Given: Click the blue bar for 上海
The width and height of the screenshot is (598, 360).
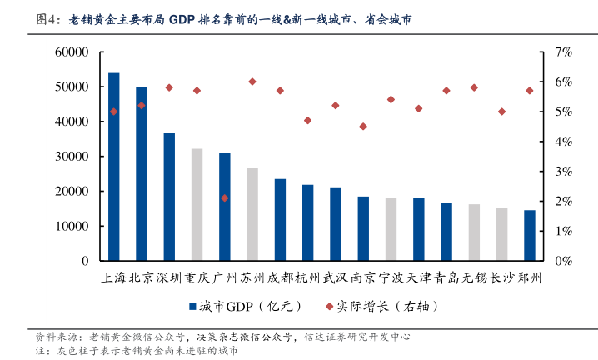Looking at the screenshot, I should pyautogui.click(x=114, y=167).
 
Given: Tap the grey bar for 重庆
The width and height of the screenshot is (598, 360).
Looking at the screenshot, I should pyautogui.click(x=197, y=204).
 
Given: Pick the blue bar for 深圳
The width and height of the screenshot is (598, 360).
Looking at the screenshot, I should pyautogui.click(x=169, y=197).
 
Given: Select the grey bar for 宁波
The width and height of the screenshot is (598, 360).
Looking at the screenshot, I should pyautogui.click(x=391, y=229).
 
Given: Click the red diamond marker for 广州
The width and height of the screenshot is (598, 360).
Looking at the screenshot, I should pyautogui.click(x=225, y=198).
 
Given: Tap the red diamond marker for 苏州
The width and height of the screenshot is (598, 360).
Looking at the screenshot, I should pyautogui.click(x=252, y=82).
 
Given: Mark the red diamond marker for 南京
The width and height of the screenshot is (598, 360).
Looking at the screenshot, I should pyautogui.click(x=363, y=127).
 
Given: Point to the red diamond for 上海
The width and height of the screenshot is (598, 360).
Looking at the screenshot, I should pyautogui.click(x=114, y=112).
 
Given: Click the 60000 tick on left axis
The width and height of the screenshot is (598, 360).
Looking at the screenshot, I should pyautogui.click(x=72, y=52).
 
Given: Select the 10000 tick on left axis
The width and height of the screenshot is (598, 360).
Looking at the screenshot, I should pyautogui.click(x=72, y=226).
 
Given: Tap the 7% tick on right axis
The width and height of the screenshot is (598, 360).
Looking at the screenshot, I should pyautogui.click(x=562, y=52).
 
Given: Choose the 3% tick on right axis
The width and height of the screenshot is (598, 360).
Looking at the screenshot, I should pyautogui.click(x=562, y=172).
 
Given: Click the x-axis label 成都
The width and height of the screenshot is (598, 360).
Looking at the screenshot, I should pyautogui.click(x=280, y=277).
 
